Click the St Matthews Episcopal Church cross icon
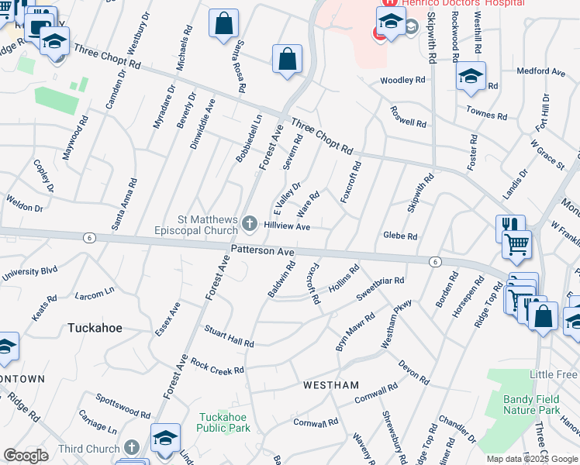[x=250, y=225]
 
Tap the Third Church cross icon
[x=132, y=449]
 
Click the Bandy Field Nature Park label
[x=531, y=405]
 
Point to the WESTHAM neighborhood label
[x=331, y=385]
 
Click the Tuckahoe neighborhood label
[x=95, y=328]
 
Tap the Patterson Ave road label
[x=263, y=251]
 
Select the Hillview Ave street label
[x=287, y=226]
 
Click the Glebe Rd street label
[x=400, y=236]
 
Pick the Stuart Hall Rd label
[x=229, y=336]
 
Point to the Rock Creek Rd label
[x=217, y=366]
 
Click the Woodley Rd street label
[x=402, y=80]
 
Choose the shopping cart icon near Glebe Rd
[x=516, y=245]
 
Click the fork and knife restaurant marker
[x=510, y=226]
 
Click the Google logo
[x=26, y=455]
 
